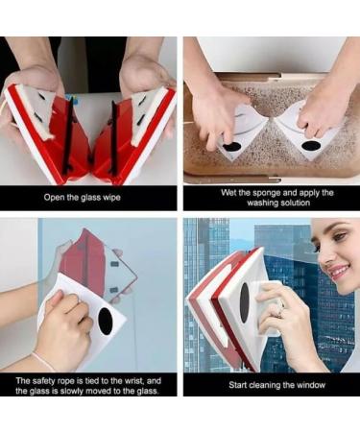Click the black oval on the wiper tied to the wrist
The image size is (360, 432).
click(106, 322)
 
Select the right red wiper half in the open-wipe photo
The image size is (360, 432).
click(134, 134)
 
